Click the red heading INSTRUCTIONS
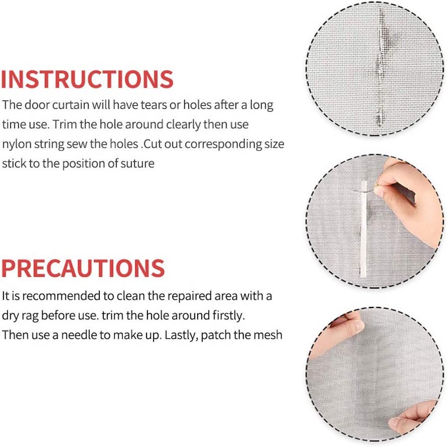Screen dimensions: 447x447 point(87,79)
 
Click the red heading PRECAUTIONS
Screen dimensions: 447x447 point(83,268)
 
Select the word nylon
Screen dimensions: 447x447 point(16,144)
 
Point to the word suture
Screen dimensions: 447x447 point(138,163)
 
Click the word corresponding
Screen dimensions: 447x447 point(223,144)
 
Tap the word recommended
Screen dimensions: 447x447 point(62,296)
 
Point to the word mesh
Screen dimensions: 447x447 point(268,335)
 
